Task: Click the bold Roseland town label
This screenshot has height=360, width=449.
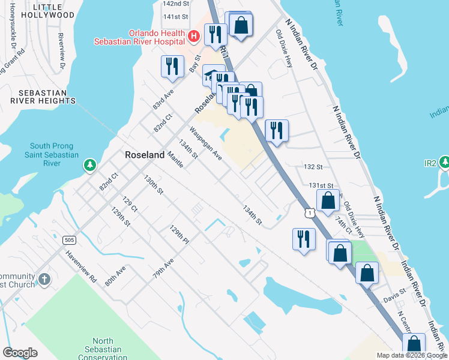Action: tap(145, 155)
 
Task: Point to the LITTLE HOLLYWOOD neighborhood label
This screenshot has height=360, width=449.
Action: tap(52, 11)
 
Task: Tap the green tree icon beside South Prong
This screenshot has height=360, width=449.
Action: tap(89, 164)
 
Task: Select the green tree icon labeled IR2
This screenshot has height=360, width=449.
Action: tap(444, 162)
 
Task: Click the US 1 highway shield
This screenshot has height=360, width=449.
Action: tap(309, 212)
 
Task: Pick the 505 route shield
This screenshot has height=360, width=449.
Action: tap(68, 240)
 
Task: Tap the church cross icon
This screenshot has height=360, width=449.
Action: tap(44, 280)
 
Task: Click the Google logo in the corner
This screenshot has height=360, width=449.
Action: tap(20, 353)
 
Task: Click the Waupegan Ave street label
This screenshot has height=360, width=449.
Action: tap(206, 143)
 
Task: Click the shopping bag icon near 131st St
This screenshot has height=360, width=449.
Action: tap(328, 200)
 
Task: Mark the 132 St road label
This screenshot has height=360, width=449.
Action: tap(314, 166)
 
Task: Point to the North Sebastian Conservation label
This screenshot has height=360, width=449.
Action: tap(98, 350)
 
